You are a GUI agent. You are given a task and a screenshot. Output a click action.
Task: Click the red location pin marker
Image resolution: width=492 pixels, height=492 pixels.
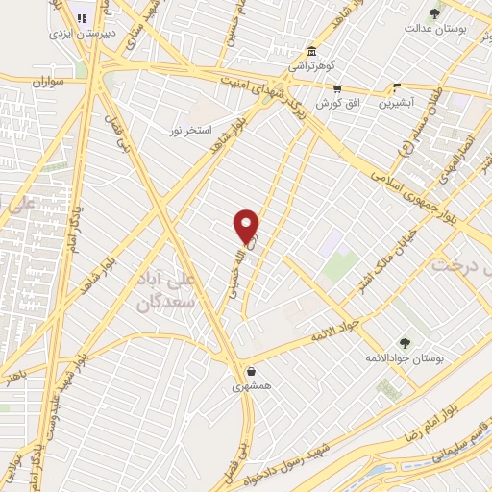click(247, 227)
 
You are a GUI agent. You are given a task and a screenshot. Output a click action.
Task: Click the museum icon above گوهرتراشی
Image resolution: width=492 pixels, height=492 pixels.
click(311, 52)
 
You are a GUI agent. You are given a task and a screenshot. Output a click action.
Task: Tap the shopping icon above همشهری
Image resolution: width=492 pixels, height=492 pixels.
click(251, 372)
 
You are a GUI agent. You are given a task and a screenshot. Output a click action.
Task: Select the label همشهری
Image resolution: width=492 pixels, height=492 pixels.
click(251, 387)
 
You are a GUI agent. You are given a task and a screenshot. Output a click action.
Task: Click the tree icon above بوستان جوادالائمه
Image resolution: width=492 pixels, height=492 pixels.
click(404, 342)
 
